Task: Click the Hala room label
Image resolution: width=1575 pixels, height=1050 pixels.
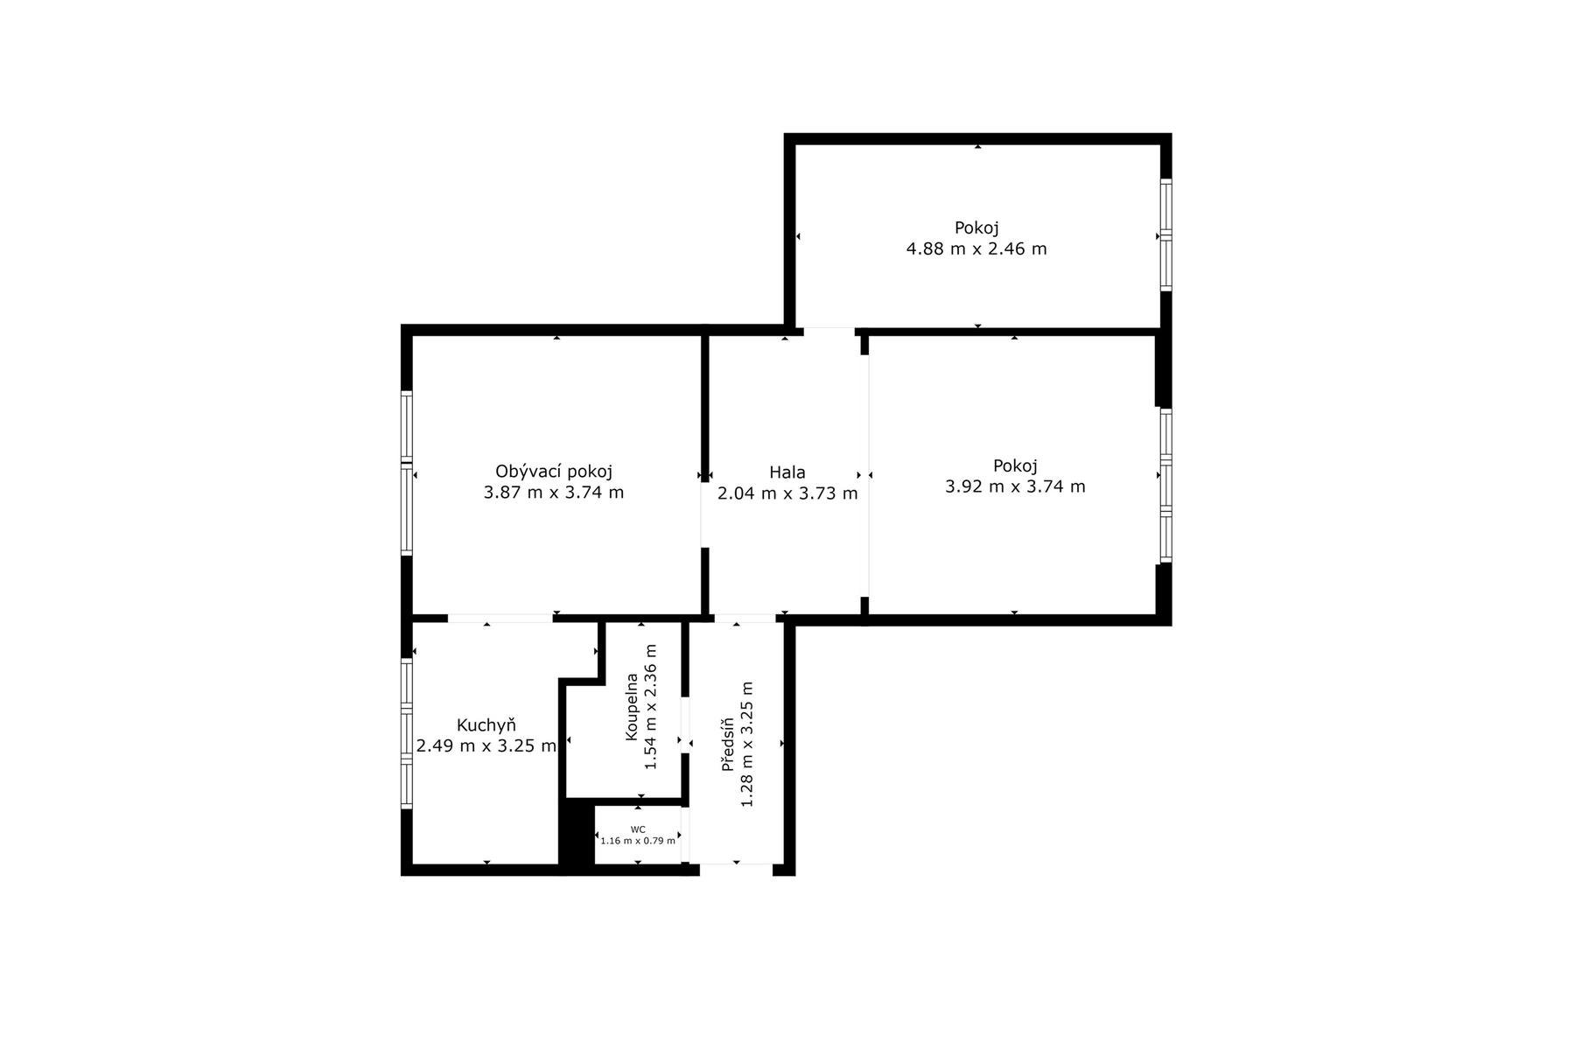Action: coord(787,472)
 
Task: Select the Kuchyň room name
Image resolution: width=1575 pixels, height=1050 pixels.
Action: coord(486,725)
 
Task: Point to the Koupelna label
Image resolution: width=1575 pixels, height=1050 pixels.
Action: coord(632,707)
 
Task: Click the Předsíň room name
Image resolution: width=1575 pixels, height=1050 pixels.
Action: coord(727,745)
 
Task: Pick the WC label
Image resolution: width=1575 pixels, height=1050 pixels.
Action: coord(638,829)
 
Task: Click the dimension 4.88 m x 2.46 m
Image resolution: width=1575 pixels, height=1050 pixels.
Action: coord(976,248)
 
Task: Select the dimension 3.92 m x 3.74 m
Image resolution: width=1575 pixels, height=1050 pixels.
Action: coord(1015,486)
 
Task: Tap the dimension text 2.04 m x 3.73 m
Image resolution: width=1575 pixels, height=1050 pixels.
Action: coord(787,493)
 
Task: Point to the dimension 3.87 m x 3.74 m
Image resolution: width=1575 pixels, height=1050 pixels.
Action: coord(554,493)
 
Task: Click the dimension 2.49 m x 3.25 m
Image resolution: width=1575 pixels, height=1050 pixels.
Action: coord(486,746)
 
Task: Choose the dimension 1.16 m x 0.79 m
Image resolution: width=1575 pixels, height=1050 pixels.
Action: coord(638,841)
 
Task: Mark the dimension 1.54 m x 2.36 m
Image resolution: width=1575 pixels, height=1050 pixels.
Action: coord(651,707)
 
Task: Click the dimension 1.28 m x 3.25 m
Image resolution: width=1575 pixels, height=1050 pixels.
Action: coord(747,745)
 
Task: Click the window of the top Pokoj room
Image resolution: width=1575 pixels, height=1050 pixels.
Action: coord(1165,234)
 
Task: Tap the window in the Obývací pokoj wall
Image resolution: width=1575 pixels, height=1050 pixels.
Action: coord(407,472)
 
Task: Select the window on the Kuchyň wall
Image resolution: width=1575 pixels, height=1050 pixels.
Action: coord(407,733)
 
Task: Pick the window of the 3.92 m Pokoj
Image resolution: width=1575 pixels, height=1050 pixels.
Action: coord(1165,485)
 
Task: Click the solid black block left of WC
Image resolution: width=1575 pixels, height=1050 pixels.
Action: coord(577,836)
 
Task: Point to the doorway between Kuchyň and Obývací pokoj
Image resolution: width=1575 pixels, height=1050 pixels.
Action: coord(500,619)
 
